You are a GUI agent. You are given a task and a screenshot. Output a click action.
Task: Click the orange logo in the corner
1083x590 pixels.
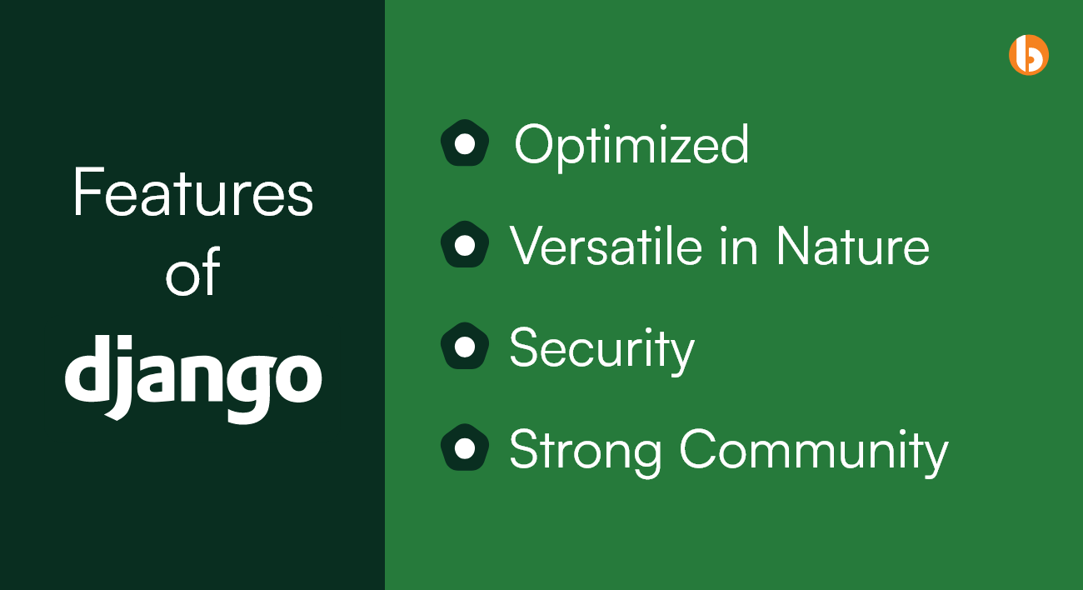coord(1028,55)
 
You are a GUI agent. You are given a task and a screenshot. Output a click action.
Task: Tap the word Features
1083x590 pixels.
coord(193,192)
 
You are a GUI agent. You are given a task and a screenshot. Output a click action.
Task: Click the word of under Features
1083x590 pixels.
coord(193,271)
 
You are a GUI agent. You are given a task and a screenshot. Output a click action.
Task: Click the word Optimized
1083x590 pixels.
coord(631,145)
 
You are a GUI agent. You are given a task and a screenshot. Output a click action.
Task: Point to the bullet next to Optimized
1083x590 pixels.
coord(465,143)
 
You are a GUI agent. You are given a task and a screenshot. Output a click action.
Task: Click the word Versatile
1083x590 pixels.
coord(606,246)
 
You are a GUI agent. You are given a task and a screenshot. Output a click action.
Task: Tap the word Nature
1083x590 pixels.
coord(853,246)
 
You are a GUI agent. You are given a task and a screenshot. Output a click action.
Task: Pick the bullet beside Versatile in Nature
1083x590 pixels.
coord(465,245)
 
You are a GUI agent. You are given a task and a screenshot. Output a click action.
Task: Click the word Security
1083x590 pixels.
coord(602,349)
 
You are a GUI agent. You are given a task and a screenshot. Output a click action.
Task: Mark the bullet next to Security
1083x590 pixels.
coord(465,347)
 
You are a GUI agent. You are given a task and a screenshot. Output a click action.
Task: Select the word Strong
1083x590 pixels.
coord(586,451)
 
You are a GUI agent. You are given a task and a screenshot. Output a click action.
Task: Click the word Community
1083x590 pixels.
coord(814,451)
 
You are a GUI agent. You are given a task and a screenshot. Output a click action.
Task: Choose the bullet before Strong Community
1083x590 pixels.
coord(465,447)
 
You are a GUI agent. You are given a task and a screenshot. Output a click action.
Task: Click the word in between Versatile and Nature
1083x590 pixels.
coord(738,246)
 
